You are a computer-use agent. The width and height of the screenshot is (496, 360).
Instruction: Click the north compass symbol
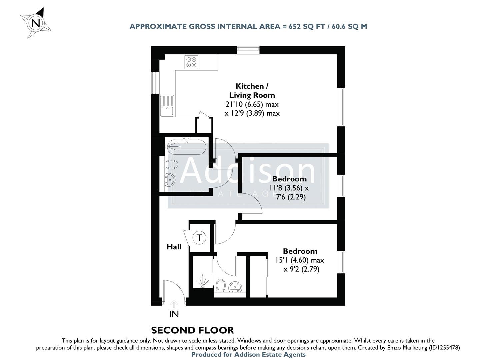[36, 23]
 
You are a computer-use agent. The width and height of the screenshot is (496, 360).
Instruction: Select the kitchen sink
[167, 106]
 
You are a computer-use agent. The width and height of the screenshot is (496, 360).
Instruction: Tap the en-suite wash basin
[236, 286]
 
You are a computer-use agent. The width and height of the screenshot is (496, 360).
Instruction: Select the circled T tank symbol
[199, 238]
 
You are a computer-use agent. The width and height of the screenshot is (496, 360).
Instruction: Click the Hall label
[174, 247]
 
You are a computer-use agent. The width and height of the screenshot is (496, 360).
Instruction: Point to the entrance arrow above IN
[174, 303]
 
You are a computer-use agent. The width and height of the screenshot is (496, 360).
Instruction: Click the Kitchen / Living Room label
[252, 91]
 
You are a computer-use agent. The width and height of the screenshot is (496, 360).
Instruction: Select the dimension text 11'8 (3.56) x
[289, 188]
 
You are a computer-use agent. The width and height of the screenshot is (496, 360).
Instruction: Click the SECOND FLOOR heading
[192, 330]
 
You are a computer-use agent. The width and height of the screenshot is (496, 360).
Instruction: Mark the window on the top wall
[248, 50]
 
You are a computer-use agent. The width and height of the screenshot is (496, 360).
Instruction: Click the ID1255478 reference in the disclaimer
[443, 348]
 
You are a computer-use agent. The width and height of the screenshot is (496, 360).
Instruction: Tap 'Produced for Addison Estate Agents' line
[248, 355]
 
